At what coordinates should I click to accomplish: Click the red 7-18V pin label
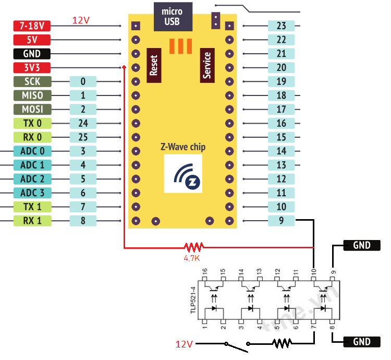point(32,26)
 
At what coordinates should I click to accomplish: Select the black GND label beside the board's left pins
point(32,54)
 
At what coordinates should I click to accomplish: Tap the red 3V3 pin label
point(32,67)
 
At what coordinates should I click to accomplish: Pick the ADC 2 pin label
point(32,178)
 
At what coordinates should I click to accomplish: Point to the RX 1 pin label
point(32,220)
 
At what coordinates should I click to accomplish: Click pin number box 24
point(83,123)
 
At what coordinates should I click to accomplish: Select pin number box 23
point(281,26)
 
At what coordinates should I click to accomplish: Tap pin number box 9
point(281,220)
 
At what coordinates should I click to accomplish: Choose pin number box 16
point(281,123)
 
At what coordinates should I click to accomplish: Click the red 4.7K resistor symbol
point(194,246)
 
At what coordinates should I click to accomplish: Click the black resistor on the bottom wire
point(282,343)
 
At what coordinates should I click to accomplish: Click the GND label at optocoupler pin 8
point(361,342)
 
